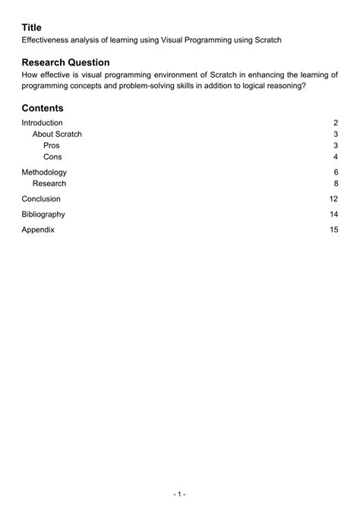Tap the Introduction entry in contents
point(42,123)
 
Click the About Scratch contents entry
point(57,134)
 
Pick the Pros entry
point(52,145)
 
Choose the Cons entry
point(52,156)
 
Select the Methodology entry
point(44,172)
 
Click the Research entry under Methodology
point(49,183)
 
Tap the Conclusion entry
point(41,199)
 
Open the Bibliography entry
point(43,214)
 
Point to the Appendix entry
point(38,229)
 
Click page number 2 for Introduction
point(335,123)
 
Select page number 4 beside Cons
point(335,156)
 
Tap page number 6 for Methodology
point(335,172)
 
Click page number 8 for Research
point(335,183)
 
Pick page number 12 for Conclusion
point(333,199)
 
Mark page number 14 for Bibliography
point(333,214)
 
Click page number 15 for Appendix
point(333,229)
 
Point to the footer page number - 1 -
point(180,493)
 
